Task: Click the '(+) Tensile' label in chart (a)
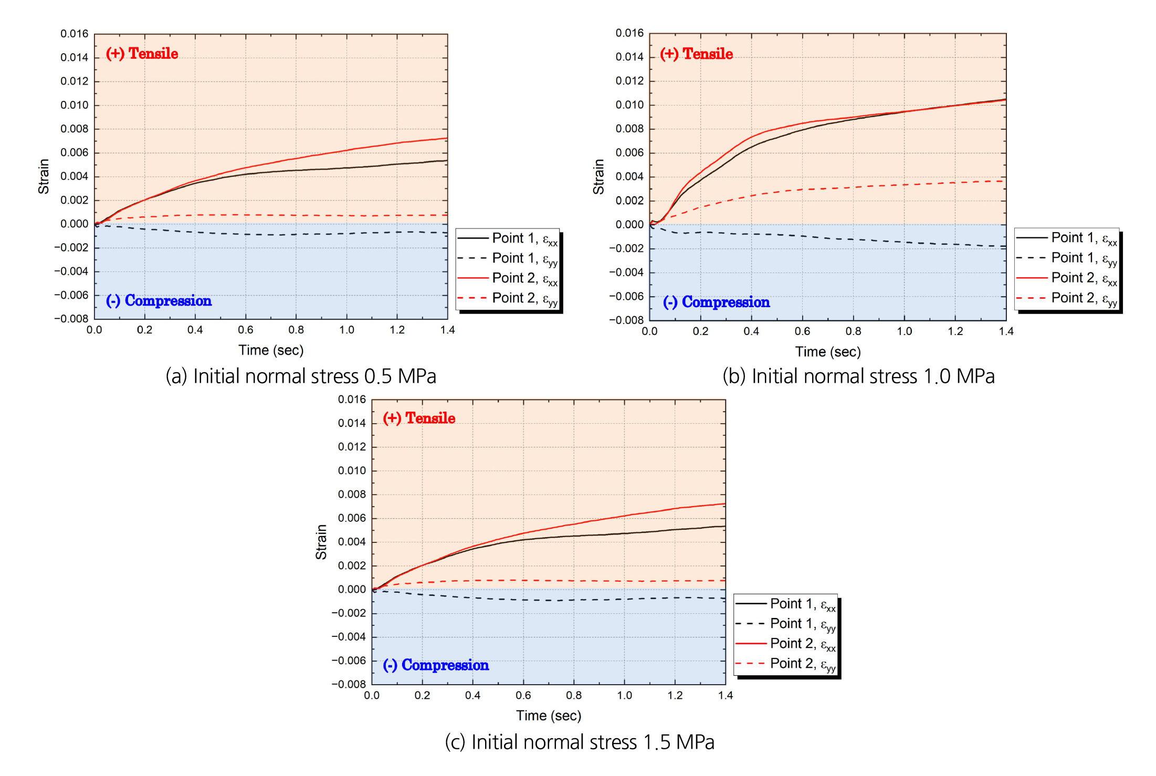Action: (142, 54)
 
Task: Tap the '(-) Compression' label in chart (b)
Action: (716, 302)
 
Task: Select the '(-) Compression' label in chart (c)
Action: (436, 665)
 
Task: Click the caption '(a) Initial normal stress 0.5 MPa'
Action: (301, 376)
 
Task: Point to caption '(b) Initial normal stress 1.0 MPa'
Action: (858, 376)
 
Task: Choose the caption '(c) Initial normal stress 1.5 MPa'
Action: (580, 742)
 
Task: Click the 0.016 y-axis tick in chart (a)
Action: (74, 34)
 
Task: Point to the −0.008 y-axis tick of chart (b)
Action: (626, 320)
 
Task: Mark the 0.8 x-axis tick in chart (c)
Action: (574, 696)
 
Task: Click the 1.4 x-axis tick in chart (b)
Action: (1006, 331)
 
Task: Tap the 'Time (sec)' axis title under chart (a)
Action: (271, 350)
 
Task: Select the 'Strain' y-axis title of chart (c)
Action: (321, 542)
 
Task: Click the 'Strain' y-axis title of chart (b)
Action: (598, 177)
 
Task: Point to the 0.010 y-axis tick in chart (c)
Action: (352, 470)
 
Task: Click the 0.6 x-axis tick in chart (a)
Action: (246, 330)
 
